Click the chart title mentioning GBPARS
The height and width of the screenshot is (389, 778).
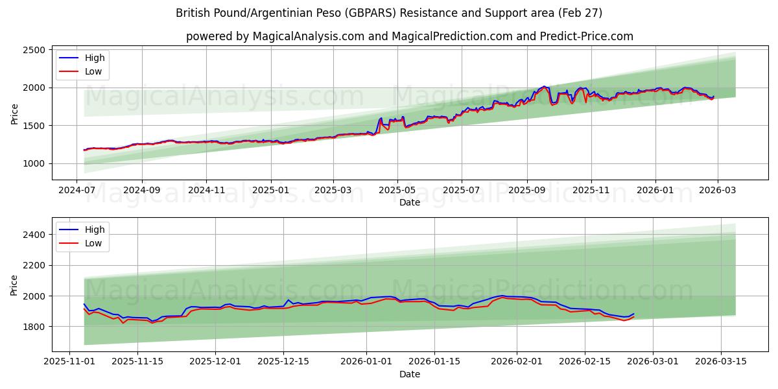coord(389,13)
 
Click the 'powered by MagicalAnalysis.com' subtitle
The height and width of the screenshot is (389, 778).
coord(409,36)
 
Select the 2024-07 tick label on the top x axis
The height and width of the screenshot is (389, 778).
coord(78,191)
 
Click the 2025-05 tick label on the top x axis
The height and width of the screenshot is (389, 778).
coord(397,191)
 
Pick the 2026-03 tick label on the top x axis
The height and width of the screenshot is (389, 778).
coord(717,191)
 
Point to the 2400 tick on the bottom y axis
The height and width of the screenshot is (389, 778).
coord(32,234)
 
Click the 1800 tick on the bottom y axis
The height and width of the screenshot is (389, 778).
coord(32,327)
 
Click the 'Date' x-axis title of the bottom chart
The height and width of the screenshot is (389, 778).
coord(409,374)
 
